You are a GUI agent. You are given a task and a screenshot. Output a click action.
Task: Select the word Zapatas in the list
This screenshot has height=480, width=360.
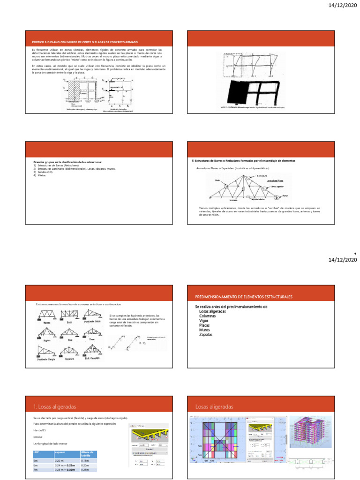tap(205, 335)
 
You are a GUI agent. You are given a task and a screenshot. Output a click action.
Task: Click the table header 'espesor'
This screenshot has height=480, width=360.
tap(60, 453)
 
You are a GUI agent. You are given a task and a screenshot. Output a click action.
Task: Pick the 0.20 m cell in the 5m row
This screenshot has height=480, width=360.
tap(61, 461)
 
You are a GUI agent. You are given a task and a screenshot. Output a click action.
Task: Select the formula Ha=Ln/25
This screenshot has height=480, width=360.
tap(40, 430)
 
